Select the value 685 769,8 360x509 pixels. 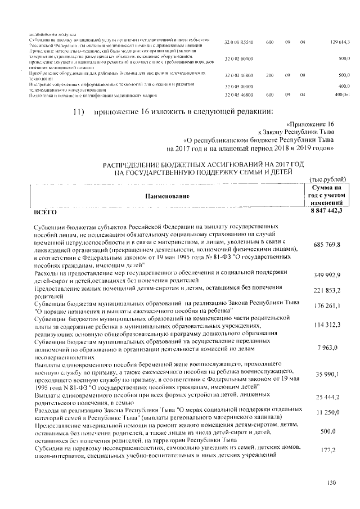[x=326, y=248]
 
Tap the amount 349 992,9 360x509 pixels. [x=326, y=275]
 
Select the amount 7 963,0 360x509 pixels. [x=329, y=350]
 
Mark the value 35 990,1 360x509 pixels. [x=327, y=374]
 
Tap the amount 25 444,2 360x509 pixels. [x=327, y=397]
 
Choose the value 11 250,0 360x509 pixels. [x=327, y=412]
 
